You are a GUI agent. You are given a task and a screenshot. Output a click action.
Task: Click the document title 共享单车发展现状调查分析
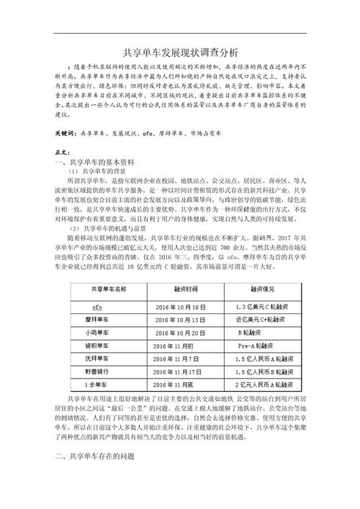click(x=180, y=52)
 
